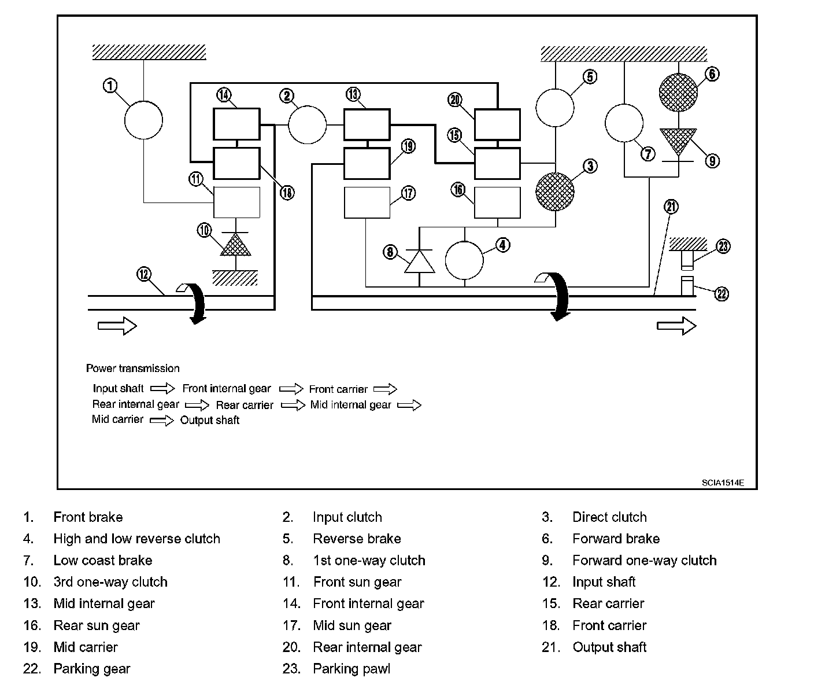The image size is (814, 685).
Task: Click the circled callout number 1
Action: [110, 86]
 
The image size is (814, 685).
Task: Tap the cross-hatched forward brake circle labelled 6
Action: [678, 92]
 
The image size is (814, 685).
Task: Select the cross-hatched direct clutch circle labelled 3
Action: [555, 191]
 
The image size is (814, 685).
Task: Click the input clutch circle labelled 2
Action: [307, 124]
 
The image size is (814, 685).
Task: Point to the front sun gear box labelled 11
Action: [237, 202]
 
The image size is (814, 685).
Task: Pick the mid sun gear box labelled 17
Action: [367, 202]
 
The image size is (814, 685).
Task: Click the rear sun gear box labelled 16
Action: [497, 202]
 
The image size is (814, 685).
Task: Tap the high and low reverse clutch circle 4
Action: [464, 260]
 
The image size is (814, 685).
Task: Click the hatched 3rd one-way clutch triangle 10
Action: [236, 245]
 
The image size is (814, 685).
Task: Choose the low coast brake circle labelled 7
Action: [624, 123]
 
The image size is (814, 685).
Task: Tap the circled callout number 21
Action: [671, 207]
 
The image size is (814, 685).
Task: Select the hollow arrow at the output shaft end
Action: [676, 326]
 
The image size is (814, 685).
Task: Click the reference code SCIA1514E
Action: [723, 483]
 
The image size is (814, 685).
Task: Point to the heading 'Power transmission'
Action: [133, 369]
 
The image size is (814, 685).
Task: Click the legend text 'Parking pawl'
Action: [351, 669]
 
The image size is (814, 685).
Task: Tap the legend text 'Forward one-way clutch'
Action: [644, 561]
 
